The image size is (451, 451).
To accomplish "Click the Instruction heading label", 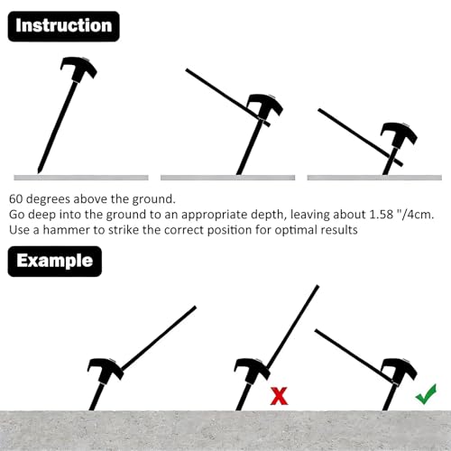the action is pos(63,26).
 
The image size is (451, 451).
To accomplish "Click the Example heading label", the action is pos(55,261).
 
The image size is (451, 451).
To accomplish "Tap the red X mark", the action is pos(280,396).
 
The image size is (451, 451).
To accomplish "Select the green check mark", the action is pos(426,394).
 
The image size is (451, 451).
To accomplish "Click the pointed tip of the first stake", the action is pos(39,172).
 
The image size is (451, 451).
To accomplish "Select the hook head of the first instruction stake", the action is pos(78,68).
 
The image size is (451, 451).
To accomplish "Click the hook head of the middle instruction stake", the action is pos(265,106).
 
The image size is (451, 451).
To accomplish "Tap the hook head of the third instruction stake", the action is pos(399,134).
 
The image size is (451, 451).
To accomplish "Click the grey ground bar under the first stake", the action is pos(81,178).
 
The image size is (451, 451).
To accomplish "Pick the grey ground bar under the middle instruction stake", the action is pos(227,178).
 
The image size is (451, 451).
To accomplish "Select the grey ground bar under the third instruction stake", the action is pos(374,178).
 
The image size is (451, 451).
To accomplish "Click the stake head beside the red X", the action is pos(253,371).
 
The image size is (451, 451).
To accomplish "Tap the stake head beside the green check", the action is pos(400,371).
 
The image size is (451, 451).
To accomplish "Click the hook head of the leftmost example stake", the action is pos(106,371).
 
